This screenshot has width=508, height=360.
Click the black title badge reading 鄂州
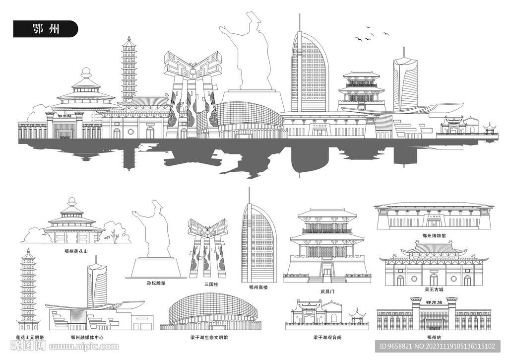coord(45,29)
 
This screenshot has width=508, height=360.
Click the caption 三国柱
coord(211,284)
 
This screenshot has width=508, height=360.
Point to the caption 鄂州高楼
coord(258,287)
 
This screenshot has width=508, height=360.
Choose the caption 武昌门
coord(327,291)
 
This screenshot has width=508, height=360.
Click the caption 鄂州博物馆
coord(434,236)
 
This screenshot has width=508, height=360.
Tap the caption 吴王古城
coord(434,289)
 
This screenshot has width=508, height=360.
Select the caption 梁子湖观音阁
coord(327,337)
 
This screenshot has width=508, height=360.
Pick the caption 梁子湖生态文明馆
coord(209,337)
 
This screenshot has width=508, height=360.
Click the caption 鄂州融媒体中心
coord(87,337)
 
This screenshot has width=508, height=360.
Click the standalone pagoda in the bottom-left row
coord(28,288)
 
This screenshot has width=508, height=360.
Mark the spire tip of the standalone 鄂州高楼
coord(250,189)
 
